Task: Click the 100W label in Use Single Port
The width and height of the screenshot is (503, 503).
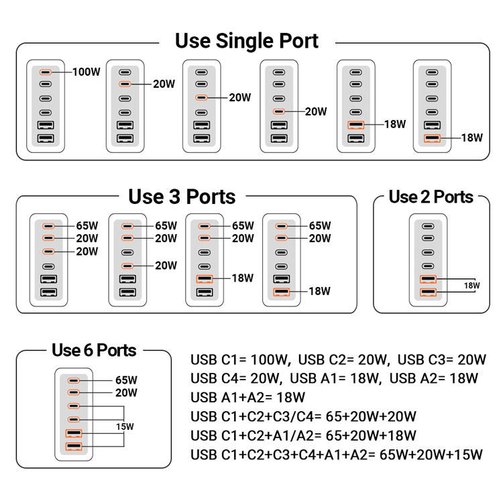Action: pyautogui.click(x=87, y=72)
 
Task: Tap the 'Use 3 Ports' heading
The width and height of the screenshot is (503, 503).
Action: pyautogui.click(x=182, y=197)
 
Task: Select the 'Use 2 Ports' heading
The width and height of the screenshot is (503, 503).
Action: pyautogui.click(x=431, y=197)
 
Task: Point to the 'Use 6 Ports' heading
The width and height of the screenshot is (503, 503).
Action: pyautogui.click(x=94, y=350)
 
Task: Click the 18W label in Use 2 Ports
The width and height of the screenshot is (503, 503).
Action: pyautogui.click(x=472, y=286)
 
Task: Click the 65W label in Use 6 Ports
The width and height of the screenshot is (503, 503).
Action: pyautogui.click(x=126, y=380)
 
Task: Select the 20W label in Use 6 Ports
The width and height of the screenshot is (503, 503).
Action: pyautogui.click(x=126, y=393)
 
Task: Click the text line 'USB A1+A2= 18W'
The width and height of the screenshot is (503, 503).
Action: pyautogui.click(x=247, y=397)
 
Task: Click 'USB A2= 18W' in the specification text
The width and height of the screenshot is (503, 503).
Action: pyautogui.click(x=433, y=378)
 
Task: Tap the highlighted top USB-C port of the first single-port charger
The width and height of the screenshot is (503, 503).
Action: pyautogui.click(x=45, y=72)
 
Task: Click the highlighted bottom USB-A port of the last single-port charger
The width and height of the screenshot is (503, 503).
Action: pyautogui.click(x=433, y=139)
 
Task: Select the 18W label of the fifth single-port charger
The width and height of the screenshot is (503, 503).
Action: pyautogui.click(x=395, y=124)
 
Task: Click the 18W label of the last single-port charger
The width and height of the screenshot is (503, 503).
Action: pyautogui.click(x=471, y=138)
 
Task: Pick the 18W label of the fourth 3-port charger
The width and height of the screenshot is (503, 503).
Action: pyautogui.click(x=319, y=292)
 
